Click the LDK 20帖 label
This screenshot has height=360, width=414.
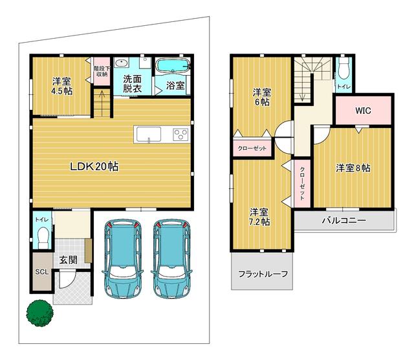(x=94, y=166)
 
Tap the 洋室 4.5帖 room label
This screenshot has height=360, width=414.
(x=62, y=87)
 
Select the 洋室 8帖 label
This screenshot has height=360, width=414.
(x=353, y=168)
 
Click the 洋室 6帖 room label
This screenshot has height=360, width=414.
(x=261, y=97)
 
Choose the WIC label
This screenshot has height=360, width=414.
(x=363, y=110)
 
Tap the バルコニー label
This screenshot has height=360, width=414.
(x=344, y=220)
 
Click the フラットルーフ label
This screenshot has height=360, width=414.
(x=263, y=273)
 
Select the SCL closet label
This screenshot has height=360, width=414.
(x=41, y=271)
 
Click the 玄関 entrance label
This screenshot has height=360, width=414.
(x=69, y=260)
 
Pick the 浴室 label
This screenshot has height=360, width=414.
(x=175, y=85)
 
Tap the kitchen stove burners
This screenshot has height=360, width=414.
(x=180, y=134)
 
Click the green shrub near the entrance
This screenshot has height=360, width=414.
(x=39, y=313)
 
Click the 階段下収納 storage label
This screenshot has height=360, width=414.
(x=101, y=71)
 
